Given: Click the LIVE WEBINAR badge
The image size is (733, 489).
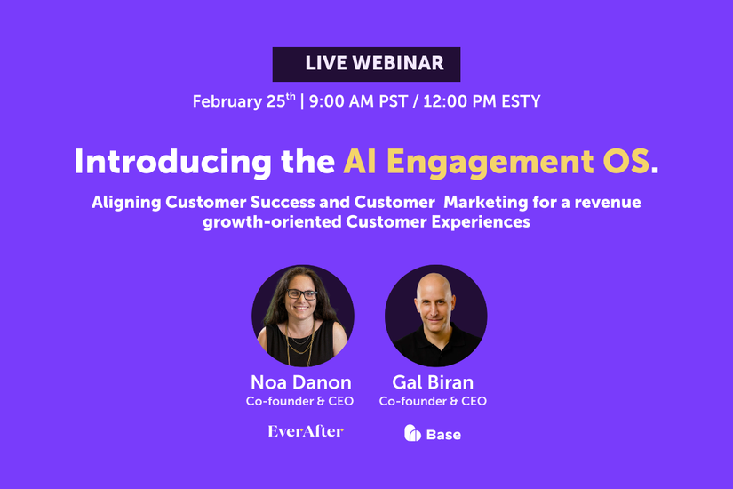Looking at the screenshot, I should pyautogui.click(x=366, y=64).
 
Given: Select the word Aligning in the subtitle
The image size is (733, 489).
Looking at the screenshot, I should pyautogui.click(x=127, y=203).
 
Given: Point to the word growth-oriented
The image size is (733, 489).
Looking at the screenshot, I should pyautogui.click(x=262, y=222).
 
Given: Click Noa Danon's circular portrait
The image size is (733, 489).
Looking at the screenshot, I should pyautogui.click(x=302, y=317).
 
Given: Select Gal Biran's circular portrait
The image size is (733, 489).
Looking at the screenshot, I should pyautogui.click(x=434, y=317).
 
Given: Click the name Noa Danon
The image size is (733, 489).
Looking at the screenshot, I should pyautogui.click(x=300, y=383).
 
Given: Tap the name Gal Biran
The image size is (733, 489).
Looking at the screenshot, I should pyautogui.click(x=433, y=383).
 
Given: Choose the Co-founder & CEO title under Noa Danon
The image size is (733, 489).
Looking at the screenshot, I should pyautogui.click(x=300, y=402).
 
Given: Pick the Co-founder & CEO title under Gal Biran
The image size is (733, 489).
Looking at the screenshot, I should pyautogui.click(x=433, y=402).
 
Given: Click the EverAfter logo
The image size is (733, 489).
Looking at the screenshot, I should pyautogui.click(x=305, y=432).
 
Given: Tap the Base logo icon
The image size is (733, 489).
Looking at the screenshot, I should pyautogui.click(x=412, y=434).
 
